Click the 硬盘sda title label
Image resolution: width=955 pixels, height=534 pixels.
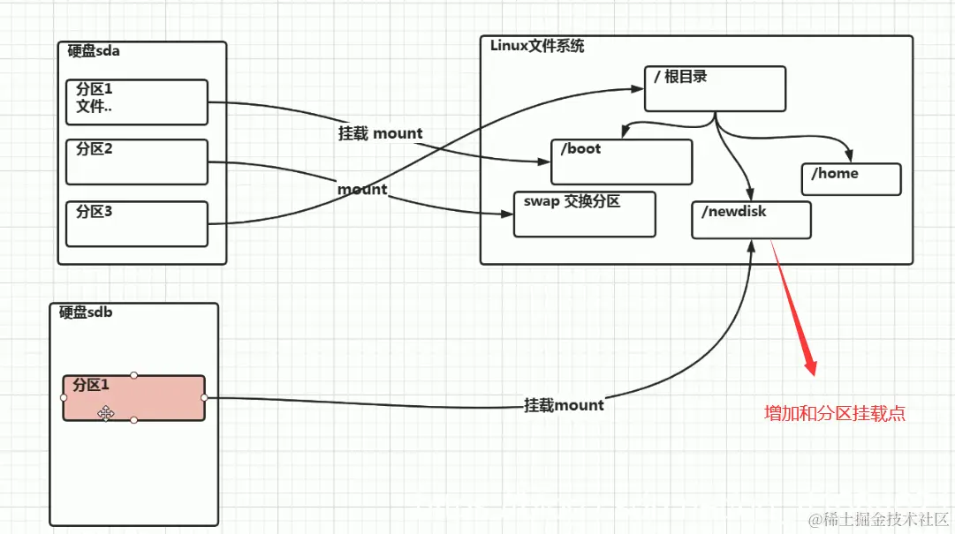[x=94, y=51]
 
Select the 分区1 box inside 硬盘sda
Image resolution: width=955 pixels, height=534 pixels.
[x=137, y=102]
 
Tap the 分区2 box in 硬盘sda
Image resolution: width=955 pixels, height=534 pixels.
[x=137, y=162]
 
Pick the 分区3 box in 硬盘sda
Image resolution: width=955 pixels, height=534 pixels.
[x=137, y=223]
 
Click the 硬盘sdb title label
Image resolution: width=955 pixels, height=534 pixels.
[x=86, y=312]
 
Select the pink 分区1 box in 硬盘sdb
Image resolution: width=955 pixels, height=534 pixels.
[x=133, y=397]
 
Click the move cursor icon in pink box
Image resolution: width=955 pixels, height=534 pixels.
[x=106, y=413]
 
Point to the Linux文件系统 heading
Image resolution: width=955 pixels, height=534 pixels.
[x=537, y=46]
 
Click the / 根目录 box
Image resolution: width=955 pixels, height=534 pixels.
[x=715, y=88]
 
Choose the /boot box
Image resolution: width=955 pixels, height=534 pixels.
[x=621, y=161]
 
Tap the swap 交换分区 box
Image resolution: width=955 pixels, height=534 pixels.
[x=584, y=214]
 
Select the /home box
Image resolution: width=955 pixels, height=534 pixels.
[x=851, y=178]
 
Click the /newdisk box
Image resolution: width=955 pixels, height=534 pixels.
[x=751, y=219]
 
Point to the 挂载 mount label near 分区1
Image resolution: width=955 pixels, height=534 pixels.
[x=380, y=133]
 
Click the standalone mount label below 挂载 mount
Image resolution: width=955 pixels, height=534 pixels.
[x=362, y=189]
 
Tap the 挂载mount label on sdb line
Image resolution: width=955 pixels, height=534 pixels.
[x=564, y=405]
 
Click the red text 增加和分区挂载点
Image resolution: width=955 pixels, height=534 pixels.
[x=835, y=413]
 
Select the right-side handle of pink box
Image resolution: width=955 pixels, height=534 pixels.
[x=204, y=397]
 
